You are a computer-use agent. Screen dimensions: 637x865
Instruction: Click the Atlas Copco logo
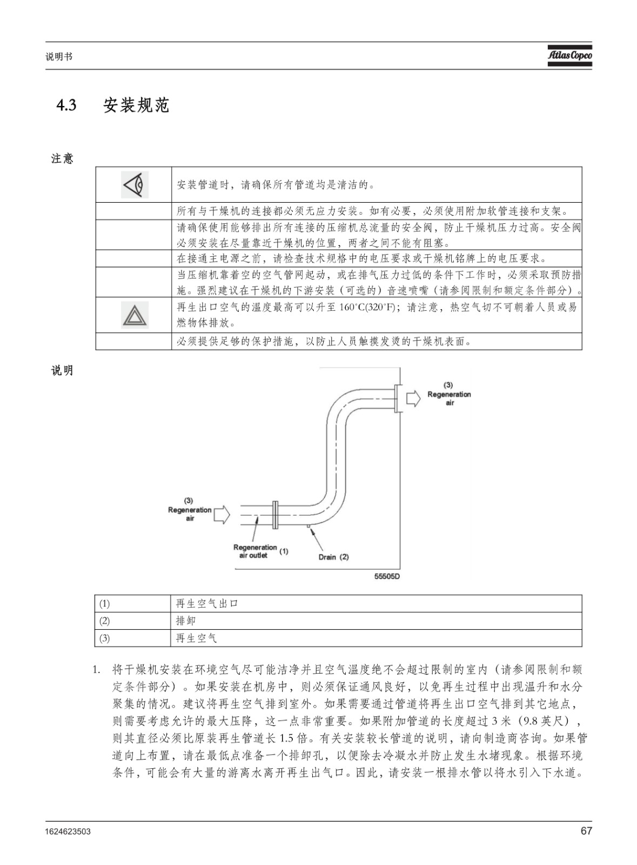(570, 56)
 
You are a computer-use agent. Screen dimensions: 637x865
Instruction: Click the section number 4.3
(66, 105)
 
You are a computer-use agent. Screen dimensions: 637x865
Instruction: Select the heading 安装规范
(136, 105)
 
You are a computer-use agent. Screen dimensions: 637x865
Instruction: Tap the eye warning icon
(135, 184)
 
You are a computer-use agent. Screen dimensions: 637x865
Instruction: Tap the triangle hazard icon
(135, 315)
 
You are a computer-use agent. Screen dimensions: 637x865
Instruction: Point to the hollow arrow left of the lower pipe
(222, 515)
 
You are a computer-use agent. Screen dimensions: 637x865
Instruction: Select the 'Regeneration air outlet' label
(255, 551)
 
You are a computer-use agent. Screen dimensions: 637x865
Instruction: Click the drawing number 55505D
(387, 576)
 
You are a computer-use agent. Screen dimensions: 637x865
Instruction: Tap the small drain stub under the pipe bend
(309, 526)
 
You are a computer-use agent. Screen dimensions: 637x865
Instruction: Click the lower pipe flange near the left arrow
(275, 515)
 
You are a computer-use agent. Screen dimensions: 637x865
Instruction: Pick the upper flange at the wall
(398, 398)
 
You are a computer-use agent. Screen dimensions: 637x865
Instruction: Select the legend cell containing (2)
(132, 621)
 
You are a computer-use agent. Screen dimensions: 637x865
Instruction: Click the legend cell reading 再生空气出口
(376, 603)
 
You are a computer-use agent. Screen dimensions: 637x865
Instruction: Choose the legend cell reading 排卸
(376, 621)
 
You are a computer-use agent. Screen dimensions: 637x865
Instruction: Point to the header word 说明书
(59, 57)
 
